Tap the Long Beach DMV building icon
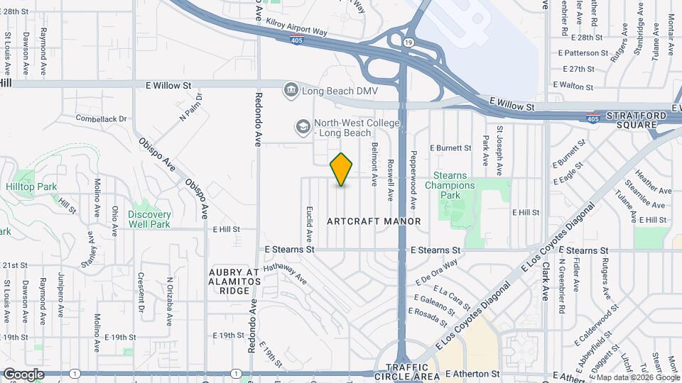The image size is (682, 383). point(290,90)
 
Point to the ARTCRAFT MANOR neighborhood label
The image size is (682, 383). point(374,221)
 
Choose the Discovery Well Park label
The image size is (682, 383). point(149,219)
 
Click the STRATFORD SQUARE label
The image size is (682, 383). point(636,121)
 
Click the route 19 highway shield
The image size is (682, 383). point(407,43)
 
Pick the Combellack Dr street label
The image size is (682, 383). point(100,118)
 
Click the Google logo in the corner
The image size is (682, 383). point(23,374)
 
